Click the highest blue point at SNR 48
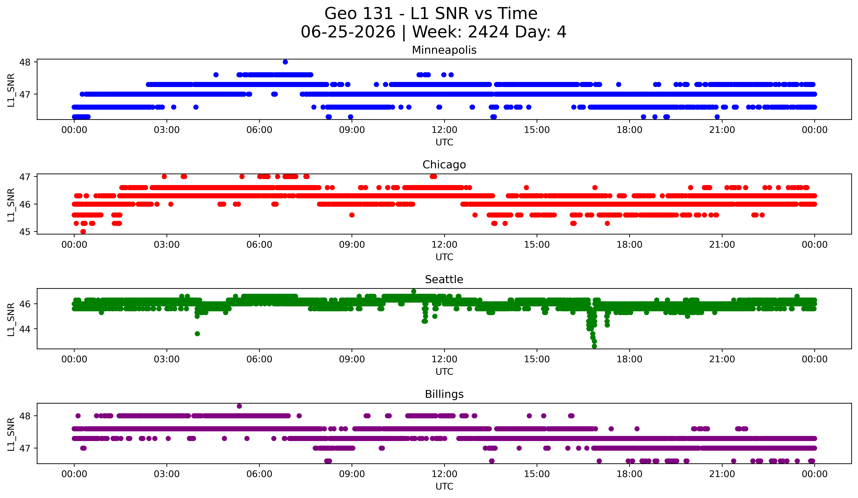285,62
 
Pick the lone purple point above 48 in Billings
239,406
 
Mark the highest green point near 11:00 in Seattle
414,291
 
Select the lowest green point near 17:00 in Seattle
594,346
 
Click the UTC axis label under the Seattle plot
444,372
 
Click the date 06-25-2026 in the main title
348,32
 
